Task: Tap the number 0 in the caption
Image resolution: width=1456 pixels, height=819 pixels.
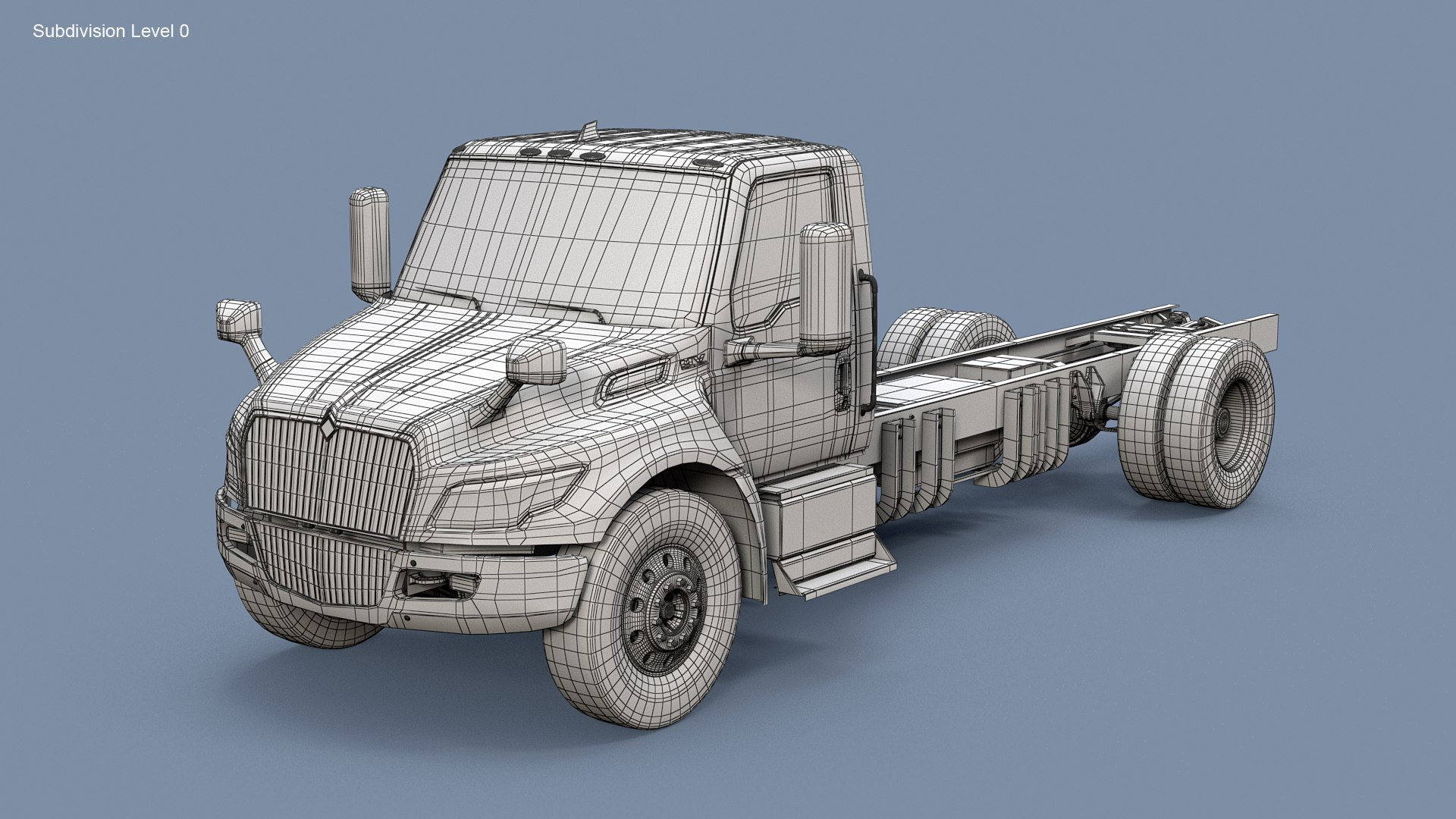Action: [184, 31]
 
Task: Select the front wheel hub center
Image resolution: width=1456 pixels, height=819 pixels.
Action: [671, 607]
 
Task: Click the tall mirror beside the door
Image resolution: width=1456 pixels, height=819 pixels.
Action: [825, 288]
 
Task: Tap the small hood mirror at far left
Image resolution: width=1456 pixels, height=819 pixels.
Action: [239, 320]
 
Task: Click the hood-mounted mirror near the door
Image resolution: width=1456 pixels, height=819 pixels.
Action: [536, 361]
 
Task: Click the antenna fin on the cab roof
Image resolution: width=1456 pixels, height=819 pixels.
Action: [589, 131]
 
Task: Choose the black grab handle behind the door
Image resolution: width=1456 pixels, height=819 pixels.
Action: [868, 341]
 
